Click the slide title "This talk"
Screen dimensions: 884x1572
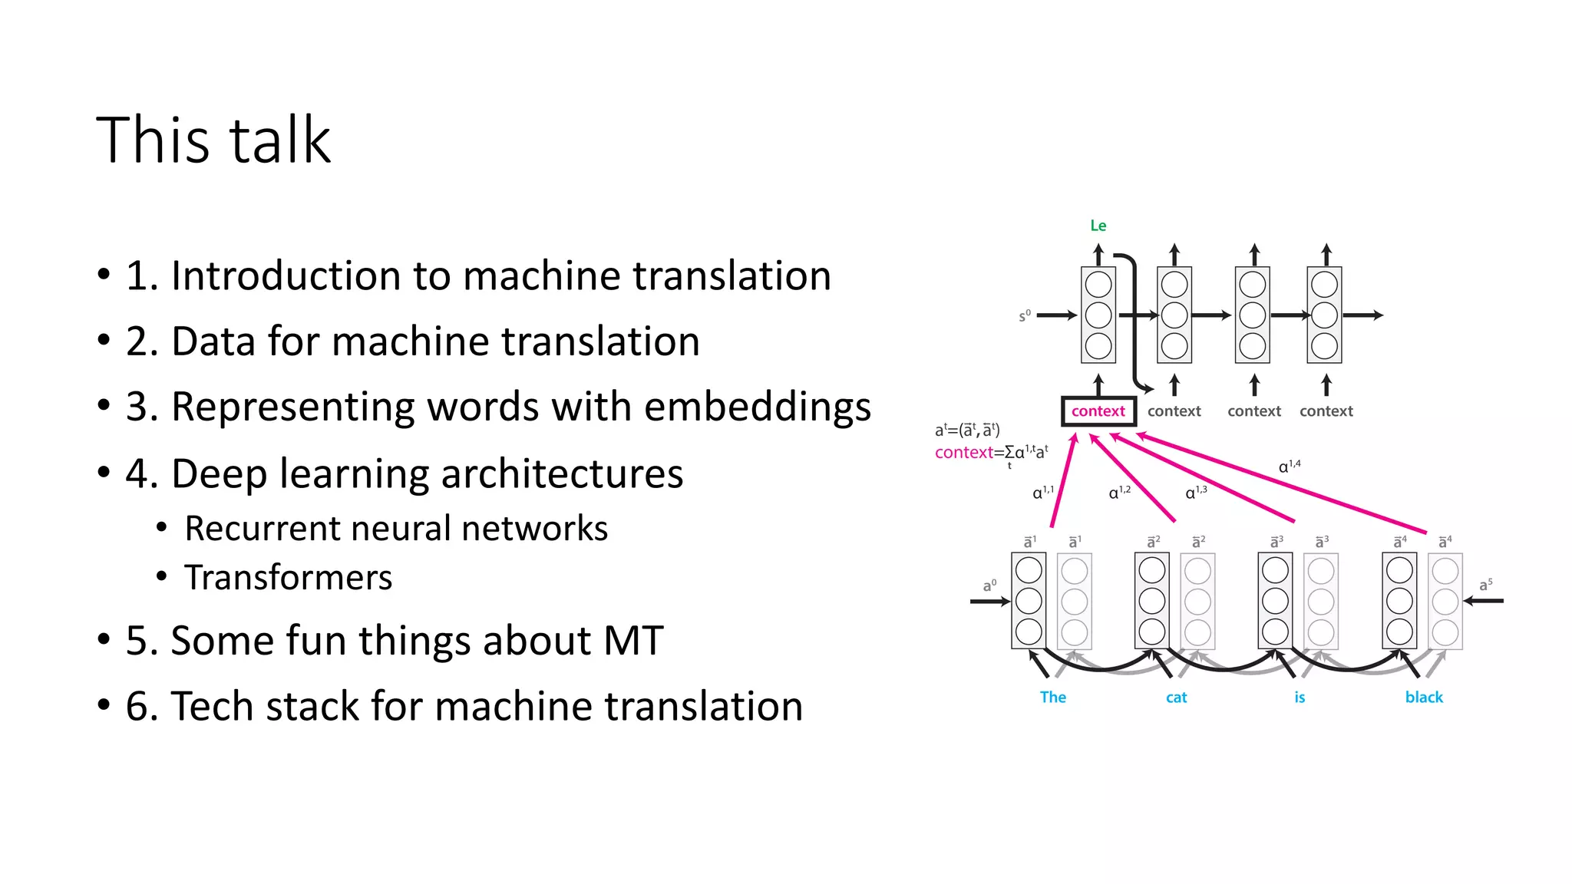pyautogui.click(x=213, y=140)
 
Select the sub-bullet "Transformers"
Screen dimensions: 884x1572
pyautogui.click(x=288, y=577)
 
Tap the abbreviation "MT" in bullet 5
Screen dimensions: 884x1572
pyautogui.click(x=633, y=640)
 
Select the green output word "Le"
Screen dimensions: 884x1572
pyautogui.click(x=1098, y=226)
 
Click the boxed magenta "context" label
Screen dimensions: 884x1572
pyautogui.click(x=1098, y=411)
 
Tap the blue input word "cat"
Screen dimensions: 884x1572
pyautogui.click(x=1176, y=698)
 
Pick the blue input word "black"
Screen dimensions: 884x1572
pyautogui.click(x=1424, y=698)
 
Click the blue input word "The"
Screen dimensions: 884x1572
pyautogui.click(x=1052, y=698)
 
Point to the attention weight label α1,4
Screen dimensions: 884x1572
pyautogui.click(x=1289, y=466)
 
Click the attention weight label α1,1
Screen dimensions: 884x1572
pyautogui.click(x=1042, y=492)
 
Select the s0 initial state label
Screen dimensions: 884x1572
pyautogui.click(x=1025, y=315)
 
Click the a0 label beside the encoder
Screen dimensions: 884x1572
pyautogui.click(x=989, y=585)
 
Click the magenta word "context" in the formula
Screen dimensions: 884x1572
pyautogui.click(x=963, y=453)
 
